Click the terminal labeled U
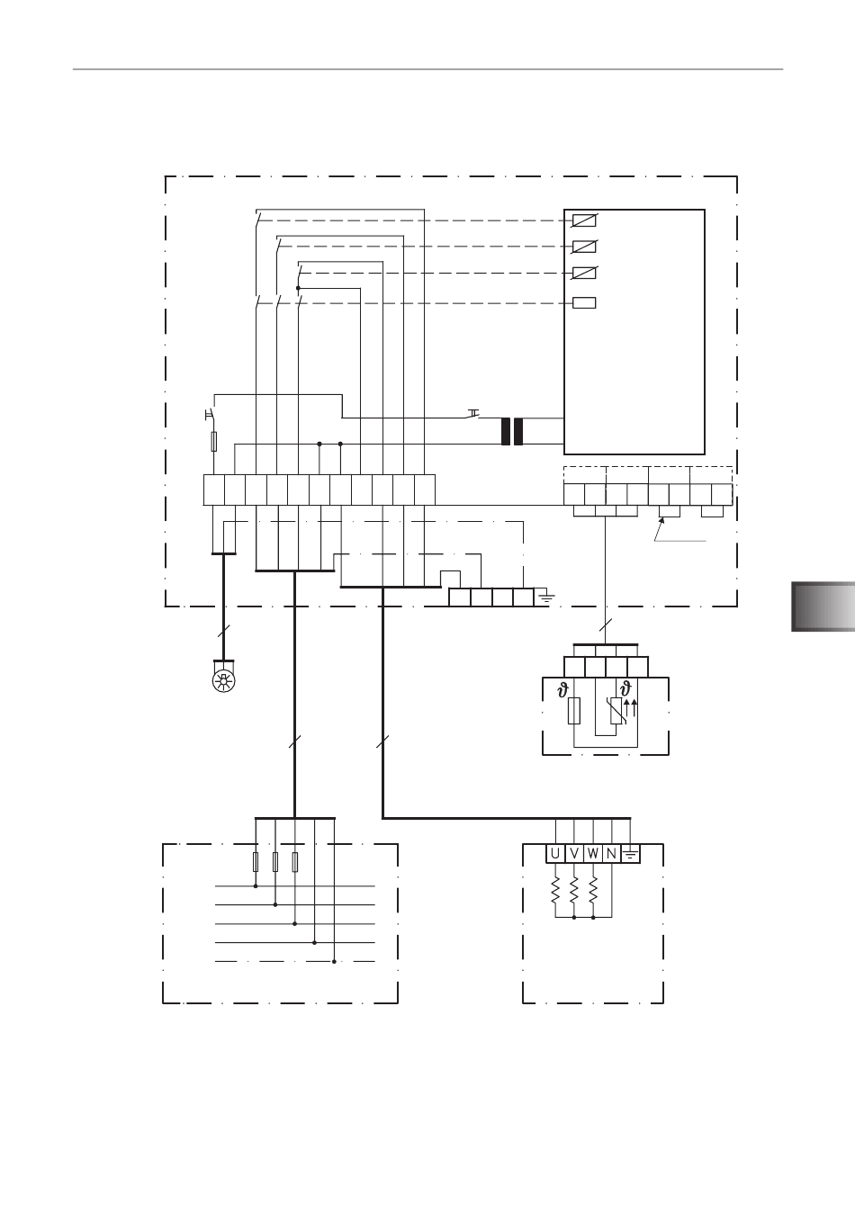(x=555, y=854)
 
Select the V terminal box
(x=574, y=854)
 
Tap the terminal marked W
(x=593, y=854)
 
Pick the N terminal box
(x=611, y=854)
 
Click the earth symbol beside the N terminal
(x=630, y=855)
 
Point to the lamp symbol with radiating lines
(x=223, y=680)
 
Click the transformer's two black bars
(x=512, y=432)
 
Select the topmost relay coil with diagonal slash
(x=584, y=220)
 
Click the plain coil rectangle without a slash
(x=584, y=302)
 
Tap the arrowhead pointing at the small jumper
(x=661, y=520)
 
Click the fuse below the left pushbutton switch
(x=214, y=441)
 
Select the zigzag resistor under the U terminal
(x=555, y=891)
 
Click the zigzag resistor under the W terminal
(x=593, y=891)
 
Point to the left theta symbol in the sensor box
(x=563, y=690)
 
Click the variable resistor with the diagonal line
(x=616, y=711)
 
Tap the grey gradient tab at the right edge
(x=823, y=606)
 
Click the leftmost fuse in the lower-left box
(x=256, y=861)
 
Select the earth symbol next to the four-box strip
(x=546, y=597)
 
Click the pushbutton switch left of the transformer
(x=473, y=414)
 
